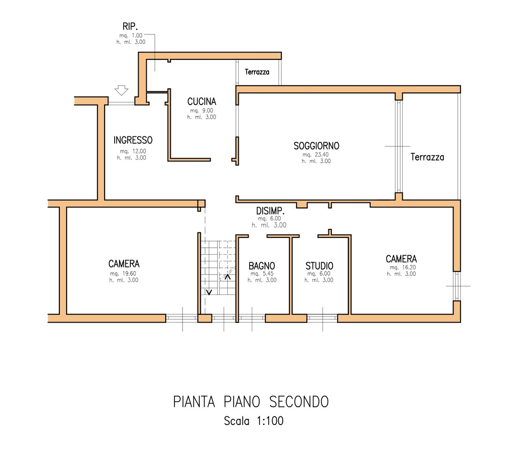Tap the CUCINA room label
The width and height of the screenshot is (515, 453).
pyautogui.click(x=202, y=101)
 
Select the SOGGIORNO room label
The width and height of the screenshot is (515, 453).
pyautogui.click(x=316, y=146)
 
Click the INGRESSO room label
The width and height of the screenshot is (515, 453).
pyautogui.click(x=133, y=140)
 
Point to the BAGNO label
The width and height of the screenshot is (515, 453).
pyautogui.click(x=262, y=266)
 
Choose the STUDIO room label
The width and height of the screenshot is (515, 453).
pyautogui.click(x=319, y=266)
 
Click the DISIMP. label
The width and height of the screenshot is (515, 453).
pyautogui.click(x=270, y=211)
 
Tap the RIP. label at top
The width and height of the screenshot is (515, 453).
pyautogui.click(x=130, y=27)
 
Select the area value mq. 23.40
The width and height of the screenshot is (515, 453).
pyautogui.click(x=316, y=154)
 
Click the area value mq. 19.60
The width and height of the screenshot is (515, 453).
pyautogui.click(x=123, y=274)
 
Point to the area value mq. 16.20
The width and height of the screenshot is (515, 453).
pyautogui.click(x=401, y=267)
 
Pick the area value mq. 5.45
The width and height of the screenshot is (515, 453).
pyautogui.click(x=261, y=274)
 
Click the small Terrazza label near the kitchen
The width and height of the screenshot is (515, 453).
pyautogui.click(x=257, y=72)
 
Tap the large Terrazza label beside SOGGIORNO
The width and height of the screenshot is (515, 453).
pyautogui.click(x=427, y=158)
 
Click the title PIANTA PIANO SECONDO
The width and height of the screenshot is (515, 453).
pyautogui.click(x=251, y=401)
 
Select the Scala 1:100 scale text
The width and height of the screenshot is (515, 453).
pyautogui.click(x=254, y=421)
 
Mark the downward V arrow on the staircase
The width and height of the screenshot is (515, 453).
pyautogui.click(x=208, y=292)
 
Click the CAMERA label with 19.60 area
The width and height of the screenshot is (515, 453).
pyautogui.click(x=124, y=264)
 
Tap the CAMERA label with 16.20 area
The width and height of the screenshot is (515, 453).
pyautogui.click(x=401, y=259)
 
